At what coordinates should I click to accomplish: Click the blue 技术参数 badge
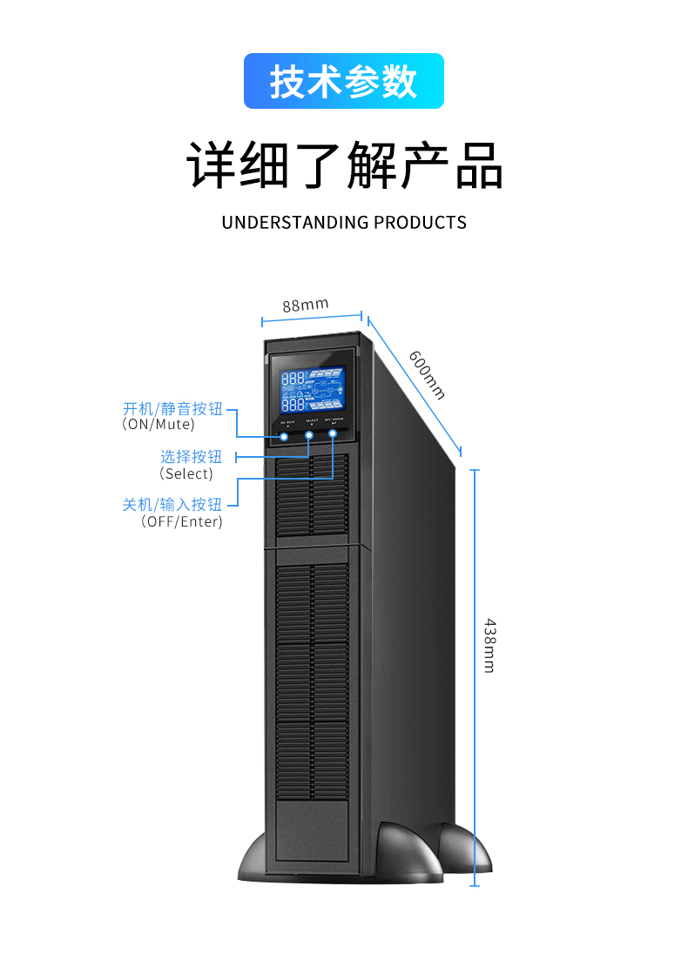click(343, 81)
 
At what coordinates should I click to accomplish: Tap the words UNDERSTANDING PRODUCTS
click(344, 222)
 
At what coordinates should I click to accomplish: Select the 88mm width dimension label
click(305, 305)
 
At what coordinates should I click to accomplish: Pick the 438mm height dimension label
click(489, 645)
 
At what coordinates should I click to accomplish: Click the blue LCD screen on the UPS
click(311, 390)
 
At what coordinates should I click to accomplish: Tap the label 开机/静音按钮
click(172, 408)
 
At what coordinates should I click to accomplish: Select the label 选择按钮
click(191, 456)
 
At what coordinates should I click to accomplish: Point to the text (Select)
click(185, 473)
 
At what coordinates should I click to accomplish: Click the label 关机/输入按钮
click(172, 504)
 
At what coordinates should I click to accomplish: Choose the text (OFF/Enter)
click(181, 521)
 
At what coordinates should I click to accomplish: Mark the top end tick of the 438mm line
click(475, 469)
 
